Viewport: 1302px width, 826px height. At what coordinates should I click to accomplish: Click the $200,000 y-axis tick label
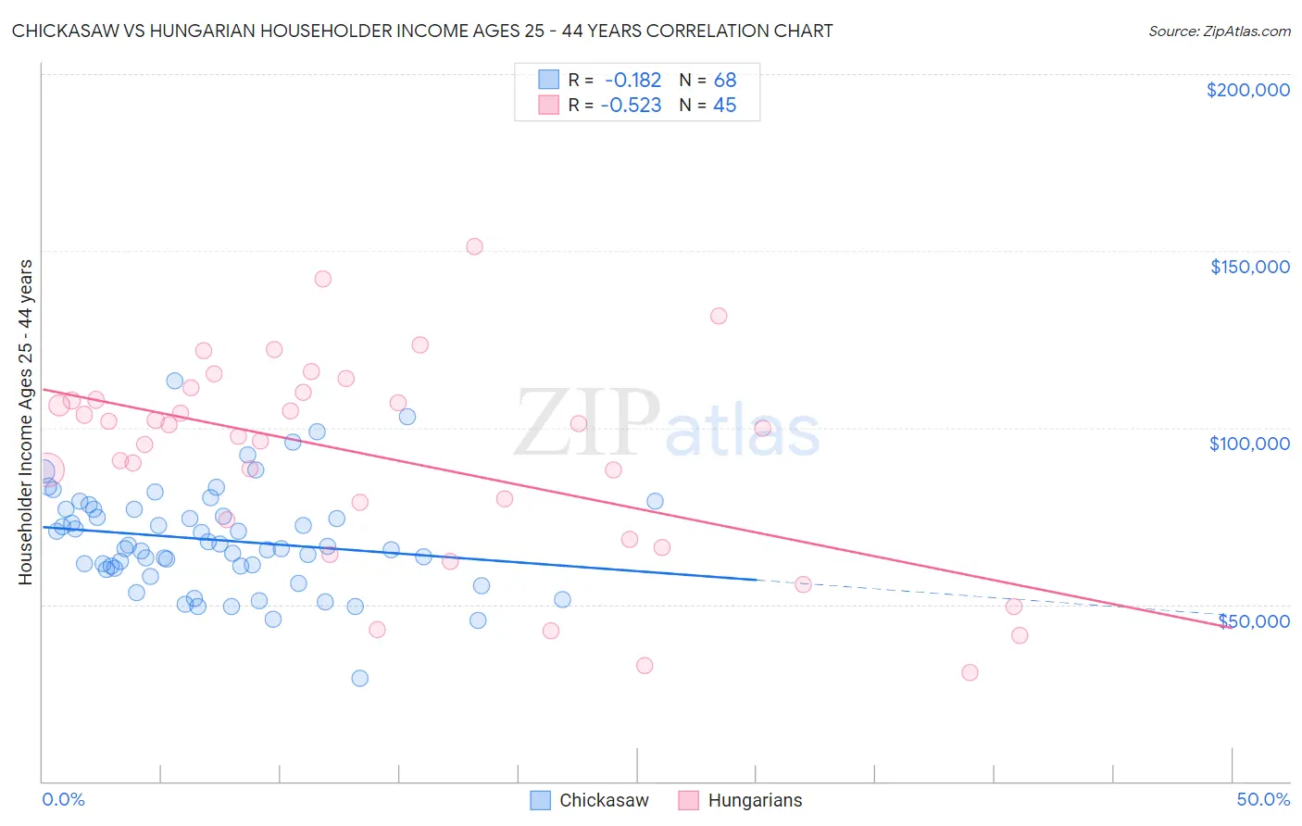pyautogui.click(x=1247, y=90)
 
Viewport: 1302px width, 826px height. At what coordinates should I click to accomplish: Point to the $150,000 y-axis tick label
pyautogui.click(x=1249, y=267)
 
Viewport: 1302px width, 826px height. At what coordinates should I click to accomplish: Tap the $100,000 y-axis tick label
pyautogui.click(x=1249, y=444)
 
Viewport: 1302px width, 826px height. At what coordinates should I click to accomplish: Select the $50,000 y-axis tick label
pyautogui.click(x=1254, y=620)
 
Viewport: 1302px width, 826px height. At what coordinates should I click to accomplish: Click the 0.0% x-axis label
pyautogui.click(x=63, y=799)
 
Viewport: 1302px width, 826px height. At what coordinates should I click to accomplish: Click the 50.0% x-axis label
pyautogui.click(x=1263, y=799)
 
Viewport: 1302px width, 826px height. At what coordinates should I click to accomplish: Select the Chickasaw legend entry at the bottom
pyautogui.click(x=589, y=800)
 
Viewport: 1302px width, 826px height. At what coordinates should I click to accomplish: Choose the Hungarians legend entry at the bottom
pyautogui.click(x=740, y=800)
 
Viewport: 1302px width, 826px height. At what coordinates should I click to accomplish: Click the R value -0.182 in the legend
pyautogui.click(x=632, y=81)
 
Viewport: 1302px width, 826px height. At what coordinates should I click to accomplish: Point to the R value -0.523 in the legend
pyautogui.click(x=631, y=106)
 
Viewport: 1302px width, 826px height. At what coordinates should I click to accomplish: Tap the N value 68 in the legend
pyautogui.click(x=725, y=81)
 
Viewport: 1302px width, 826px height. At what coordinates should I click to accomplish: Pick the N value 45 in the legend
pyautogui.click(x=724, y=106)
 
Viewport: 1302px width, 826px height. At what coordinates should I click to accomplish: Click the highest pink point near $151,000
pyautogui.click(x=474, y=246)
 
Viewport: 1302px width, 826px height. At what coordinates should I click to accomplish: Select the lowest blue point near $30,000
pyautogui.click(x=360, y=678)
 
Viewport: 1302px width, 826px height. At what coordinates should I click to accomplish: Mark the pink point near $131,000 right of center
pyautogui.click(x=719, y=316)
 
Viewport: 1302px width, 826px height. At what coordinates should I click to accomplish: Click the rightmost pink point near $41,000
pyautogui.click(x=1020, y=635)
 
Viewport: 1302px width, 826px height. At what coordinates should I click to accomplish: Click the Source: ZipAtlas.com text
pyautogui.click(x=1219, y=31)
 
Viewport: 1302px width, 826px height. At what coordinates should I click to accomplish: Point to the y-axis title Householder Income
pyautogui.click(x=25, y=421)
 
